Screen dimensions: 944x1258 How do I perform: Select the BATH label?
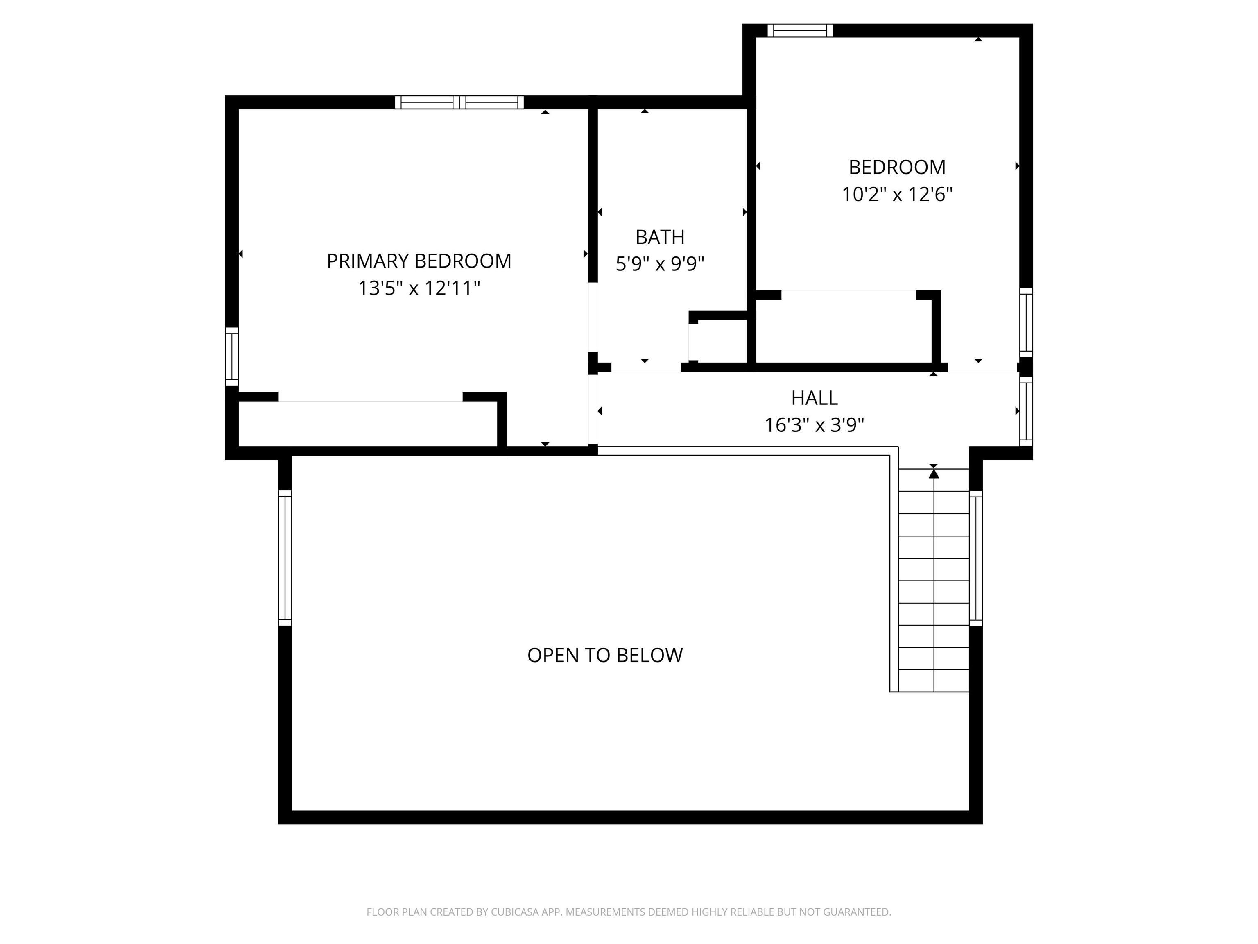(x=660, y=237)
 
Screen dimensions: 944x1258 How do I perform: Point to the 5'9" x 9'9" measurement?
(x=660, y=264)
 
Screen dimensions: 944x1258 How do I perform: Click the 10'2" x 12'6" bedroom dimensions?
(x=897, y=195)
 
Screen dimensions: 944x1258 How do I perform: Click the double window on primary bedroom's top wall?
(x=459, y=102)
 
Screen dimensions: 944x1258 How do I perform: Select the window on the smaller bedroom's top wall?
(x=800, y=31)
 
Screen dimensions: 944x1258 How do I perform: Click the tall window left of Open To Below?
(x=284, y=558)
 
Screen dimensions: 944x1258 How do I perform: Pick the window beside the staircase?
(x=975, y=558)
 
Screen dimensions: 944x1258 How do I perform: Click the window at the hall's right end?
(x=1025, y=411)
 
